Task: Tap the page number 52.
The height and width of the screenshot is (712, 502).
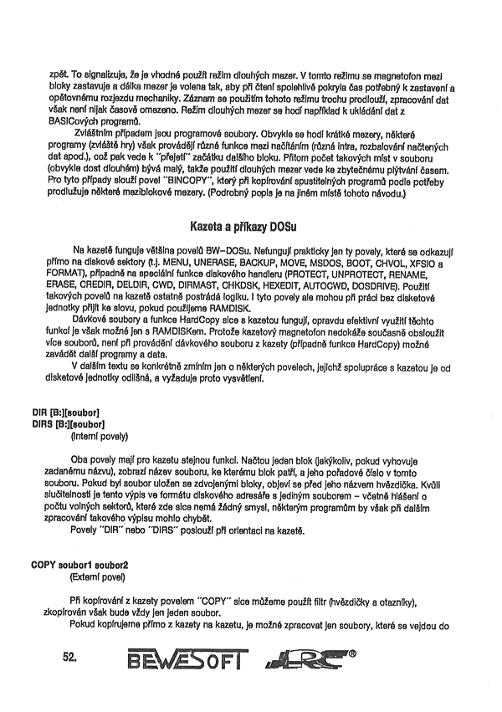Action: click(x=69, y=658)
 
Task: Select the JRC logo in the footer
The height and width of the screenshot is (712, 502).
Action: click(x=306, y=662)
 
